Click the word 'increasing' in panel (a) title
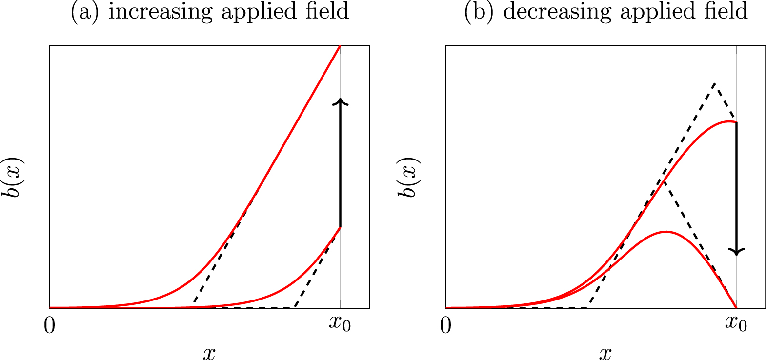coord(160,12)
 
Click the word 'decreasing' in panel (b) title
coord(557,12)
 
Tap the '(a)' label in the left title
coord(85,12)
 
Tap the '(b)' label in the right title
coord(481,12)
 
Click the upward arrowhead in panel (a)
coord(341,101)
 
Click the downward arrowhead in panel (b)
coord(737,251)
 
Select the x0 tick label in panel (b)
coord(736,324)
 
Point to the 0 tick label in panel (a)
coord(49,325)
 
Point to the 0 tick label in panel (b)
coord(445,325)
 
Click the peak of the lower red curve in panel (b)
coord(666,231)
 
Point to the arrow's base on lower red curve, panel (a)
coord(341,227)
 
